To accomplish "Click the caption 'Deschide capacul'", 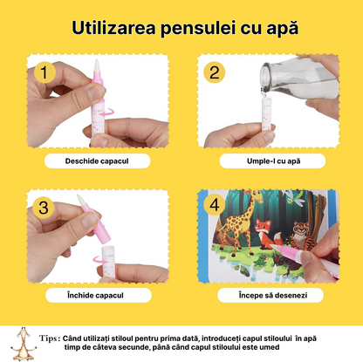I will tap(98, 161).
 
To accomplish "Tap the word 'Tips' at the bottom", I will tap(49, 334).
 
